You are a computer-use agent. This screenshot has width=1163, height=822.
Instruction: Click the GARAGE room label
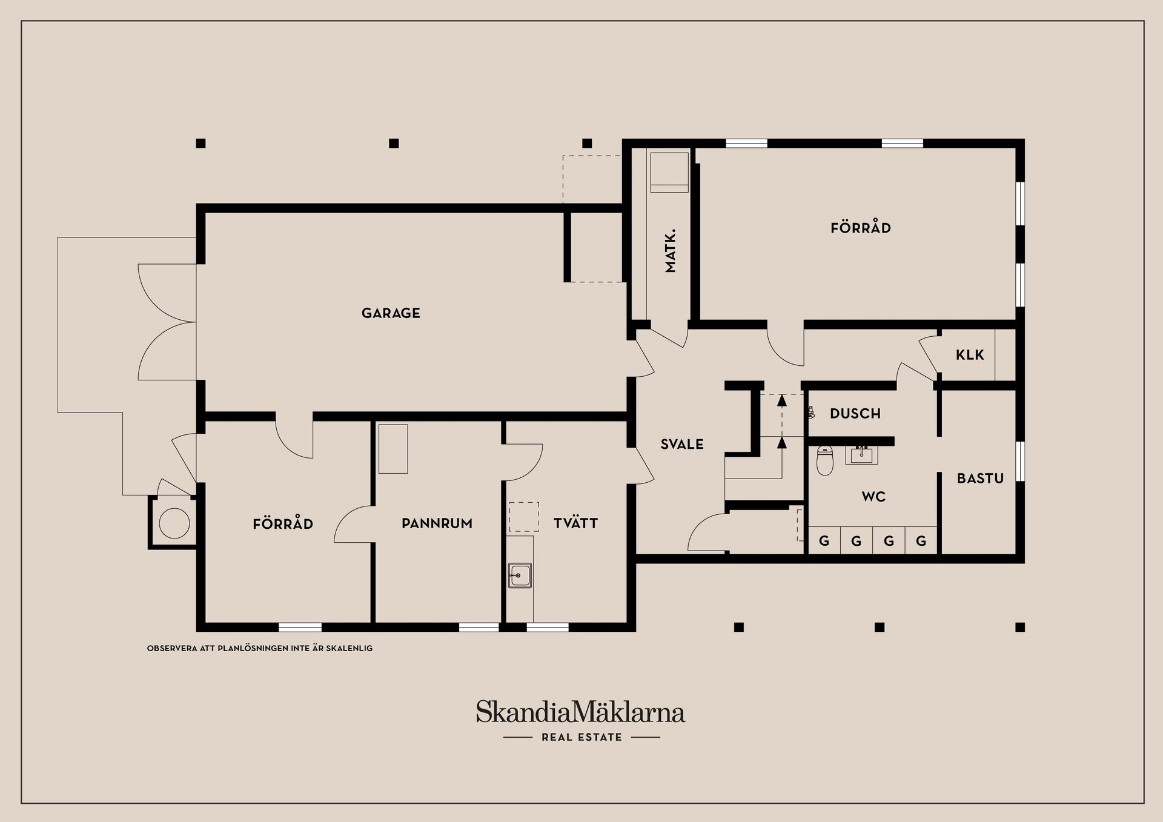click(391, 313)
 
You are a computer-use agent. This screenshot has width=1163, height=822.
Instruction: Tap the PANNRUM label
click(437, 523)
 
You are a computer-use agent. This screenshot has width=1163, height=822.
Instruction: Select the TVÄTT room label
click(575, 523)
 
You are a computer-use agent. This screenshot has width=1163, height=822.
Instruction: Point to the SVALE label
click(682, 445)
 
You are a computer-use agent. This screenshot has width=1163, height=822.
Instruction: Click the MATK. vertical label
click(670, 251)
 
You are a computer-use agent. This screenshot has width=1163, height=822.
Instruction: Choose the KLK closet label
click(970, 355)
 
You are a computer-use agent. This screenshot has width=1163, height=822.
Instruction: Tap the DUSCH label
click(855, 414)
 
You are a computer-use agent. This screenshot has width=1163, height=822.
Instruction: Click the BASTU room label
click(980, 479)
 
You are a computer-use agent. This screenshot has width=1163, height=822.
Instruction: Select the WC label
click(873, 497)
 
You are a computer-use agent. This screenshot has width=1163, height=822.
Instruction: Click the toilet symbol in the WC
click(825, 461)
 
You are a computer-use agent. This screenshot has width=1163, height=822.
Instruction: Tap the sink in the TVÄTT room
click(520, 575)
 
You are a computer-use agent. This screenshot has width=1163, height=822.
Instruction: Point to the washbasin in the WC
click(861, 454)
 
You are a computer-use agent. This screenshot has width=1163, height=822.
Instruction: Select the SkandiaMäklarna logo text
click(580, 712)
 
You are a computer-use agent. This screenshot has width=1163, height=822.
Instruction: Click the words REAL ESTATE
click(581, 737)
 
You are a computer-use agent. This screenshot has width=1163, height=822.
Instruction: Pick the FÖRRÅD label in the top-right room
click(860, 228)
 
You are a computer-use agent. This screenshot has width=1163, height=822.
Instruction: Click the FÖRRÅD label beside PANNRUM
click(283, 523)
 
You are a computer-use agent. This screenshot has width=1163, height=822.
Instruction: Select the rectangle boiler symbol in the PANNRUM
click(393, 449)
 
